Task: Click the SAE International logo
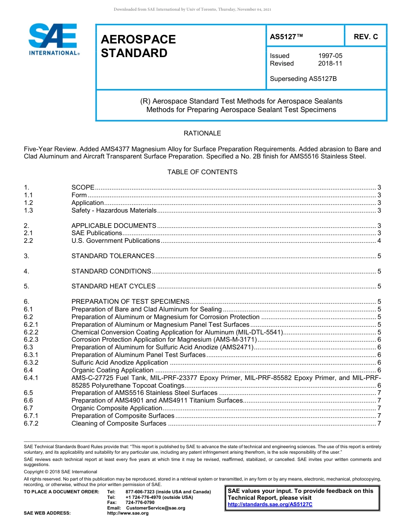coord(53,39)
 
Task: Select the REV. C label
coord(365,37)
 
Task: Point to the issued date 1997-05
coord(330,56)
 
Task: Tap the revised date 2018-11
coord(330,63)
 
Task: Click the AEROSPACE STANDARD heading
coord(138,46)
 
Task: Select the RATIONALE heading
coord(202,133)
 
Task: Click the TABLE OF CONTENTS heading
coord(202,172)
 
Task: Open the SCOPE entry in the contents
coord(83,187)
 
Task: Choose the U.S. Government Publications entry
coord(116,241)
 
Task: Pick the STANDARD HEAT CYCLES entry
coord(113,286)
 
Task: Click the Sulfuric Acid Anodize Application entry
coord(120,363)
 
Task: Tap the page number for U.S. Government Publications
coord(379,241)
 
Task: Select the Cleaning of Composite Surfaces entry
coord(119,423)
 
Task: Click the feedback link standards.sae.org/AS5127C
coord(270,504)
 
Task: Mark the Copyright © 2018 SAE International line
coord(61,472)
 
